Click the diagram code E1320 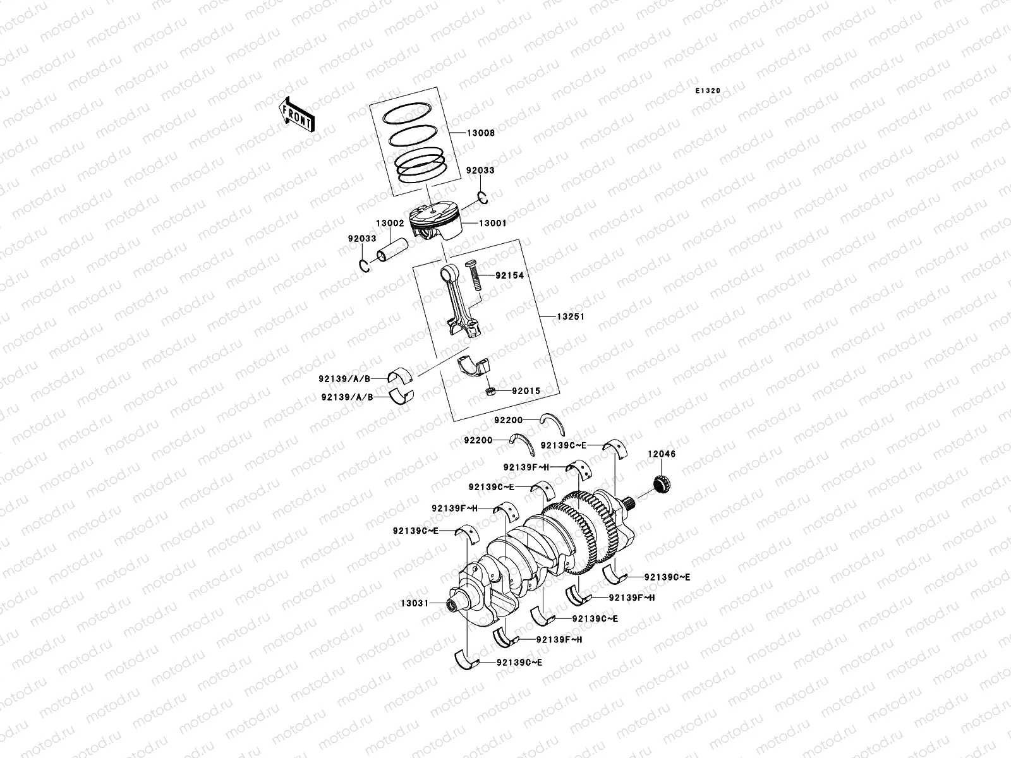click(x=708, y=91)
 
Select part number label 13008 click(x=481, y=133)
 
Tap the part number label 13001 click(x=492, y=223)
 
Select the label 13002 click(x=390, y=223)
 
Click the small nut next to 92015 click(x=489, y=392)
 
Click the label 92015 click(x=526, y=392)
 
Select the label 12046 click(x=661, y=454)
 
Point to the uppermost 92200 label click(x=508, y=418)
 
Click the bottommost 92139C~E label click(x=519, y=663)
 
